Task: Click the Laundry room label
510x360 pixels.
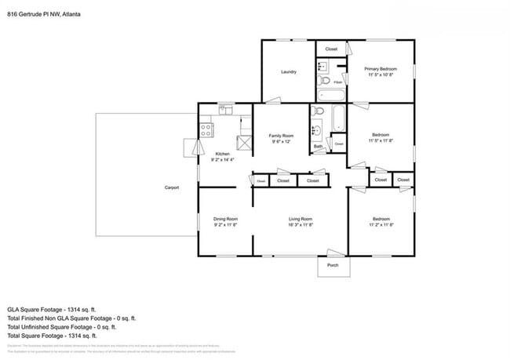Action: [x=289, y=72]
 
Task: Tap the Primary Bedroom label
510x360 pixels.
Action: [x=381, y=69]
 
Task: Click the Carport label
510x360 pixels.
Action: [x=171, y=187]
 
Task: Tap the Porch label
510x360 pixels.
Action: [x=332, y=266]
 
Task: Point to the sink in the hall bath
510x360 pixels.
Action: [x=317, y=131]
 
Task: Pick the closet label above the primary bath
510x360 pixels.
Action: [x=331, y=49]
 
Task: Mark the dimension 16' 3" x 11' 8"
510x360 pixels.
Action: [x=301, y=225]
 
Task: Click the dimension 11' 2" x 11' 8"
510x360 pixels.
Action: [x=381, y=225]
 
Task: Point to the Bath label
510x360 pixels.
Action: [x=318, y=146]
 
